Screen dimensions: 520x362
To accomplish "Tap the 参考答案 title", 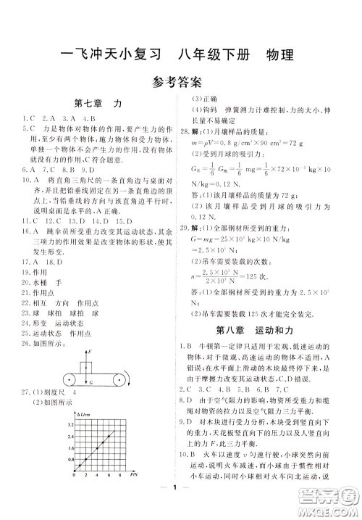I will [x=180, y=81].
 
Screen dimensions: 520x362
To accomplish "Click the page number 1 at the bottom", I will [x=180, y=505].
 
